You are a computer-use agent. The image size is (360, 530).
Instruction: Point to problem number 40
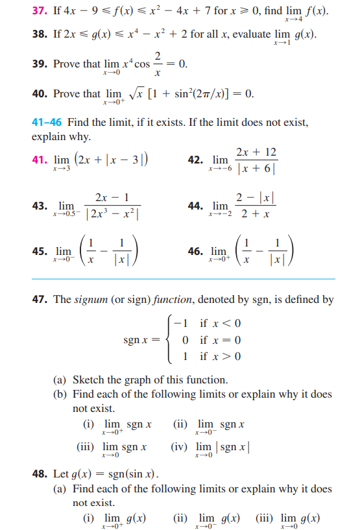(39, 94)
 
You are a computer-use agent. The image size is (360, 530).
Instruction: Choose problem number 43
(39, 206)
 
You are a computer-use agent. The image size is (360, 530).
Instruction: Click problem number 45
(39, 250)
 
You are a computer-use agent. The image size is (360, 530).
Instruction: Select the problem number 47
(39, 300)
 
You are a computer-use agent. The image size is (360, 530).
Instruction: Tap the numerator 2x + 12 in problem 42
(257, 152)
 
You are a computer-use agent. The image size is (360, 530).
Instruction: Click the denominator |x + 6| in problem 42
(256, 168)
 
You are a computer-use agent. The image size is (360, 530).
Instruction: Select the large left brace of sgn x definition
(171, 339)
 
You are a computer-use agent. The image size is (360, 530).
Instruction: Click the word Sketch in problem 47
(88, 380)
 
